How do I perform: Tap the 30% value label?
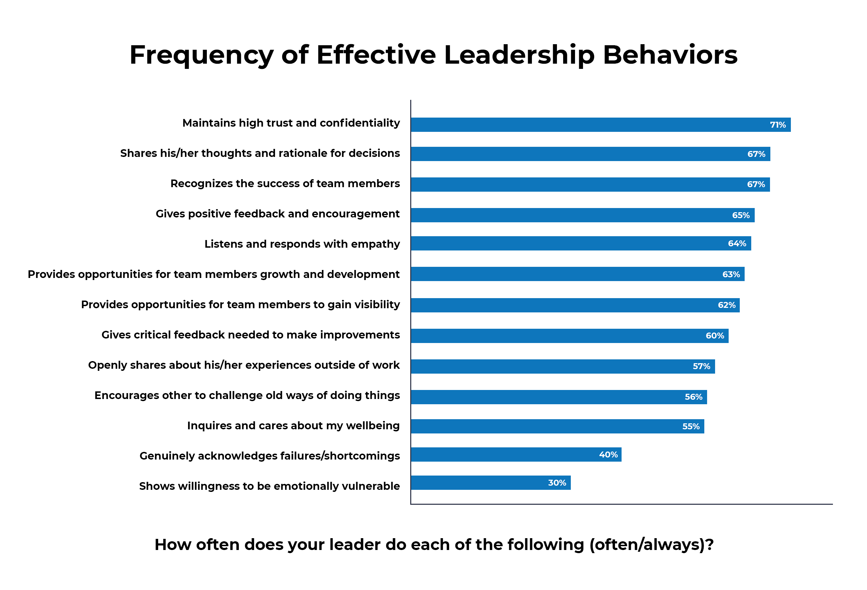click(557, 483)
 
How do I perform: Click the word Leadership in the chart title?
click(519, 55)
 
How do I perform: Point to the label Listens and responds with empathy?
click(302, 244)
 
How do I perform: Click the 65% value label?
click(740, 215)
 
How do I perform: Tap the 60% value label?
click(714, 336)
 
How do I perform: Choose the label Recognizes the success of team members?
click(285, 183)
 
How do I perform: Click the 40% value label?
click(608, 454)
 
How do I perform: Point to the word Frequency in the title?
click(202, 55)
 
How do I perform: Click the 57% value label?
click(702, 366)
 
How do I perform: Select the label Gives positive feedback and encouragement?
click(277, 214)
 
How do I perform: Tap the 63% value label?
click(731, 274)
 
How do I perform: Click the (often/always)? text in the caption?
click(651, 544)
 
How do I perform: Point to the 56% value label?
click(693, 397)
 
